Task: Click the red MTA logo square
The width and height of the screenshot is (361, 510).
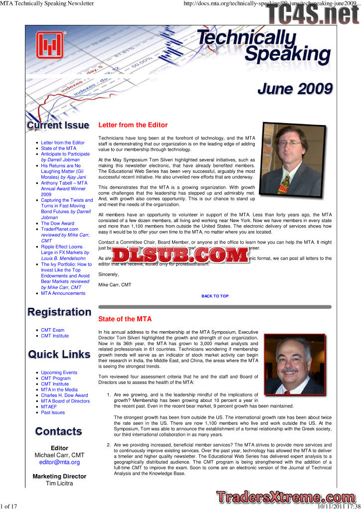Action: [49, 45]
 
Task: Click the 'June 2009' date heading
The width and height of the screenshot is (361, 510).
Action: [295, 89]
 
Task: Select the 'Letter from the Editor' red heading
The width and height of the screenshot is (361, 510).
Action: [133, 125]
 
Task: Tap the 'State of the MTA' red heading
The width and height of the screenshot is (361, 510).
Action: [125, 319]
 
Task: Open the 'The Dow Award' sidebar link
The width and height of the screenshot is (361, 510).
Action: [57, 224]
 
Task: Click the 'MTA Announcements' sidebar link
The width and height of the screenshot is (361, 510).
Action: [63, 293]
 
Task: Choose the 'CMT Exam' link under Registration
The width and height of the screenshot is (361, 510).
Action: [52, 330]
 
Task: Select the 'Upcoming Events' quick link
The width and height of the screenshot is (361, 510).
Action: [59, 373]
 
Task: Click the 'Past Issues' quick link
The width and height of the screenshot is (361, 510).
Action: [53, 412]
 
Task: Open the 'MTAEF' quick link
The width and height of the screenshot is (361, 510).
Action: [49, 407]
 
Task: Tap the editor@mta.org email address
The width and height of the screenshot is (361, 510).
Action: [59, 462]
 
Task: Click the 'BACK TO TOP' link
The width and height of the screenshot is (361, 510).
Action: [215, 296]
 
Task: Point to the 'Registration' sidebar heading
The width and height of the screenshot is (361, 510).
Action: [59, 312]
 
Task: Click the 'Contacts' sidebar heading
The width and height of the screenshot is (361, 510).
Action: [59, 431]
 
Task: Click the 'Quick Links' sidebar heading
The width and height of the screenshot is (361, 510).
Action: [59, 355]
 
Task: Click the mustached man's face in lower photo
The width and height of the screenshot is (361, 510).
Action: [290, 360]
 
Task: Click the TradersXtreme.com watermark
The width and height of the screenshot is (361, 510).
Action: [286, 497]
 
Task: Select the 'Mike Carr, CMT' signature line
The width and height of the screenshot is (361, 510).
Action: [115, 284]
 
